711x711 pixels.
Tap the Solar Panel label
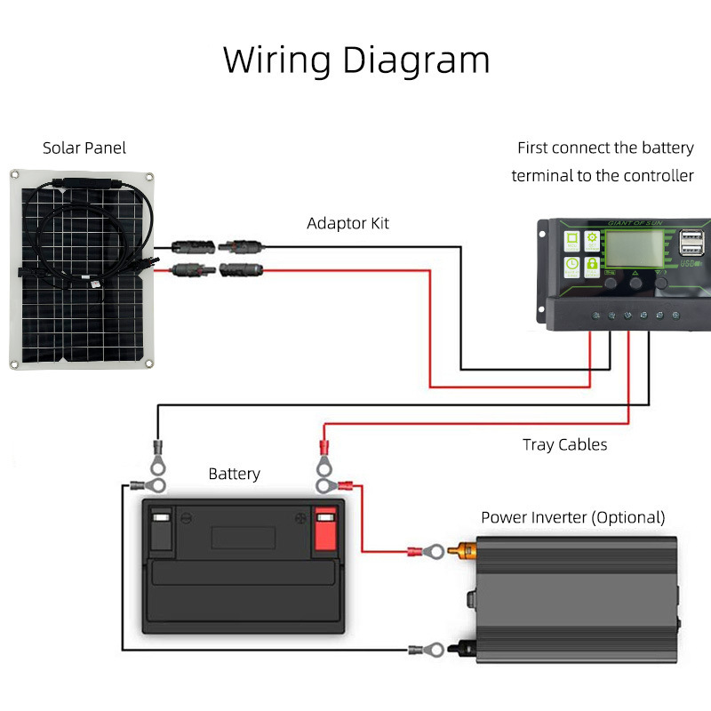point(84,148)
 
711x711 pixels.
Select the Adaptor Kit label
point(348,223)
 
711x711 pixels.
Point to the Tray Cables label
point(565,444)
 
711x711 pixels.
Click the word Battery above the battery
point(234,474)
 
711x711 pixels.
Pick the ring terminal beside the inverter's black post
point(424,651)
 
